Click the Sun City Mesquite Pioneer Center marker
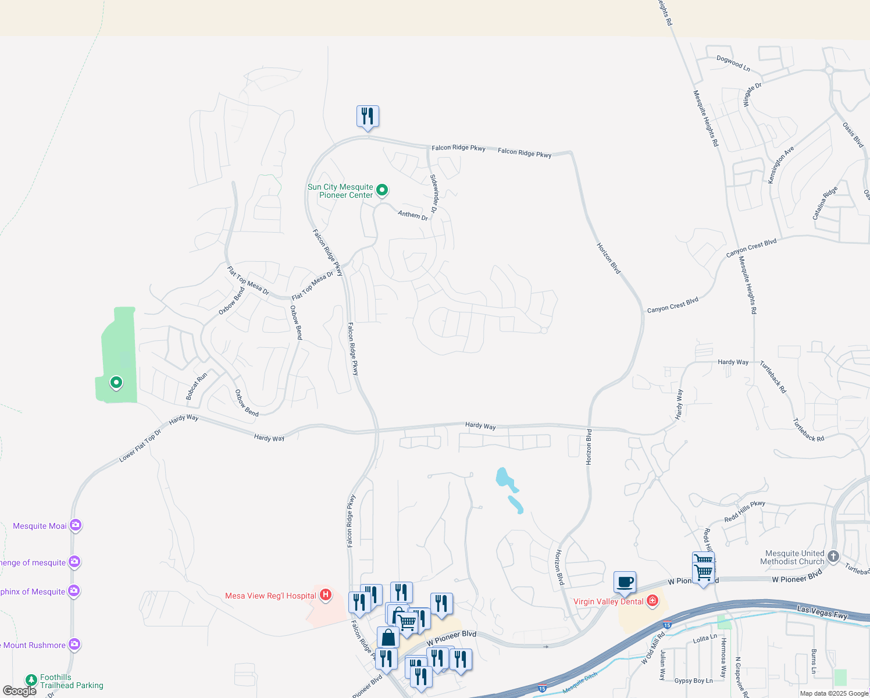pos(382,190)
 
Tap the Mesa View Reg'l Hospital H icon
pos(326,594)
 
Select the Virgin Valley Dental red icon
pos(652,600)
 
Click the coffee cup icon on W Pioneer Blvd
pos(625,582)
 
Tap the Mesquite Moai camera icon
pos(75,525)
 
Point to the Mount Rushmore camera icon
pos(74,644)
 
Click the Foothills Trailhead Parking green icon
pos(31,680)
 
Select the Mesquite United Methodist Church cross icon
pos(833,557)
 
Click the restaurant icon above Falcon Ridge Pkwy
pos(368,116)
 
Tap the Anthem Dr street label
pos(413,215)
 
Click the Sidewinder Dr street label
pos(434,193)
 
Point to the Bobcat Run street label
pos(197,386)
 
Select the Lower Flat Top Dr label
pos(140,446)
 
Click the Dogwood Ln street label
pos(733,63)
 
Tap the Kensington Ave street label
pos(780,166)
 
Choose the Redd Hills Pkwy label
pos(744,511)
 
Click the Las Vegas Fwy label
pos(822,612)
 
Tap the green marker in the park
pos(116,382)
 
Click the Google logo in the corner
pos(19,691)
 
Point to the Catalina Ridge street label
pos(825,203)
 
